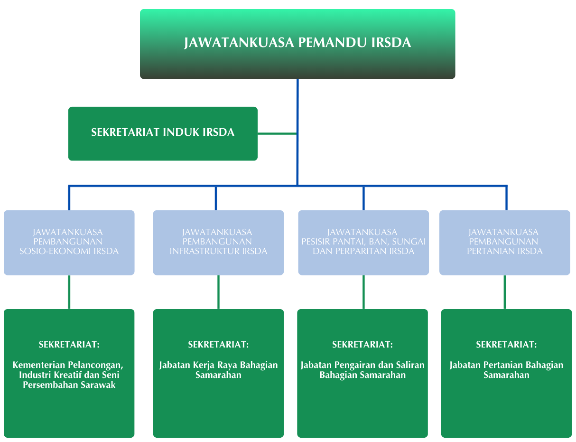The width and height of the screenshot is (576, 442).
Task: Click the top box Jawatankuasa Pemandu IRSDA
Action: (297, 43)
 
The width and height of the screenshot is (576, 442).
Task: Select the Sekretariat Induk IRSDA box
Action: (163, 133)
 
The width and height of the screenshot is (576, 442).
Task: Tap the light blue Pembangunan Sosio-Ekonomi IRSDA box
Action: (69, 243)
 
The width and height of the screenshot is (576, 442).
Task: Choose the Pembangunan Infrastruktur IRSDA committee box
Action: (218, 243)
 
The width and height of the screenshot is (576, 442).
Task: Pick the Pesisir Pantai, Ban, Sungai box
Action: (363, 243)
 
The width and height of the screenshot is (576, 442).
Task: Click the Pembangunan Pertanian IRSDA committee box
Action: (504, 243)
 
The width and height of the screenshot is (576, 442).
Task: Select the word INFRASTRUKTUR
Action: (205, 251)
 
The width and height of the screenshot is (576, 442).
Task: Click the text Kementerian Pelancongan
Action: (68, 365)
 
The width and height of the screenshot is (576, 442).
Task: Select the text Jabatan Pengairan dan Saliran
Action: (362, 365)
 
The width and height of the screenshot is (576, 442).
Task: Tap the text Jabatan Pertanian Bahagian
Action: (506, 365)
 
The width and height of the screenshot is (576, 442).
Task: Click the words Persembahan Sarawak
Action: (69, 385)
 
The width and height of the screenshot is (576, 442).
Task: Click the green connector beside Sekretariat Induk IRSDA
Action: (278, 134)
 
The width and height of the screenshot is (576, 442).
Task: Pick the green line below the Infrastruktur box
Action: (218, 292)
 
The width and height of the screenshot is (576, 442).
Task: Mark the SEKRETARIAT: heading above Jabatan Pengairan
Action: (362, 345)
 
